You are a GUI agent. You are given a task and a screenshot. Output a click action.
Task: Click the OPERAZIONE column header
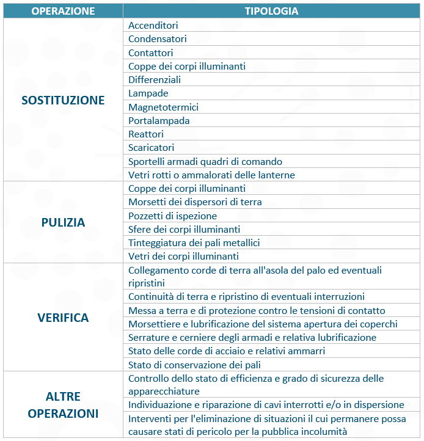tap(63, 11)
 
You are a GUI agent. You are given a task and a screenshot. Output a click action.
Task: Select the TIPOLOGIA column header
tap(271, 11)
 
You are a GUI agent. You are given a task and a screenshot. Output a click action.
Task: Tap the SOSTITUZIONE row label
tap(63, 100)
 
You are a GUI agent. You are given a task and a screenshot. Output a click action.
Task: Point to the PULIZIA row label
tap(63, 222)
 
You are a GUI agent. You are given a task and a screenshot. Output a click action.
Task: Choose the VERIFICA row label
tap(63, 318)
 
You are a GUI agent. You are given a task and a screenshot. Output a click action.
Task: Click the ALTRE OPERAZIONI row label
tap(63, 405)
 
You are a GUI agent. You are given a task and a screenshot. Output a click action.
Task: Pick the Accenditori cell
tap(153, 26)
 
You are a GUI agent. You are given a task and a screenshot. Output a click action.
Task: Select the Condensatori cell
tap(158, 39)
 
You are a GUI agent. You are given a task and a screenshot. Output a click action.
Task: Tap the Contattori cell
tap(151, 53)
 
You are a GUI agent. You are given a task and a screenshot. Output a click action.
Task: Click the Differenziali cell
tap(155, 80)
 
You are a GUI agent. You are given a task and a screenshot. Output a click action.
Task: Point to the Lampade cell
tap(148, 93)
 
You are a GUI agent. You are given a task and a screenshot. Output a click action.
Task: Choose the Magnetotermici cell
tap(163, 108)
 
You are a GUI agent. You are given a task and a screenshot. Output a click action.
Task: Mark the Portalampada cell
tap(159, 121)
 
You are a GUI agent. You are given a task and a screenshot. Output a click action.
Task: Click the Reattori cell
tap(146, 134)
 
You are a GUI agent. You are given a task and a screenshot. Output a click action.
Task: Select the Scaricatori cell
tap(151, 148)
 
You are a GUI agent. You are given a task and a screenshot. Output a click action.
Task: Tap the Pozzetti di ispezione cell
tap(172, 216)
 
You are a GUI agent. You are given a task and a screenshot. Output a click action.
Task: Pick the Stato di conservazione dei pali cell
tap(194, 365)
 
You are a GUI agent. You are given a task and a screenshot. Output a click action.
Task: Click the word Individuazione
tap(158, 405)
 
